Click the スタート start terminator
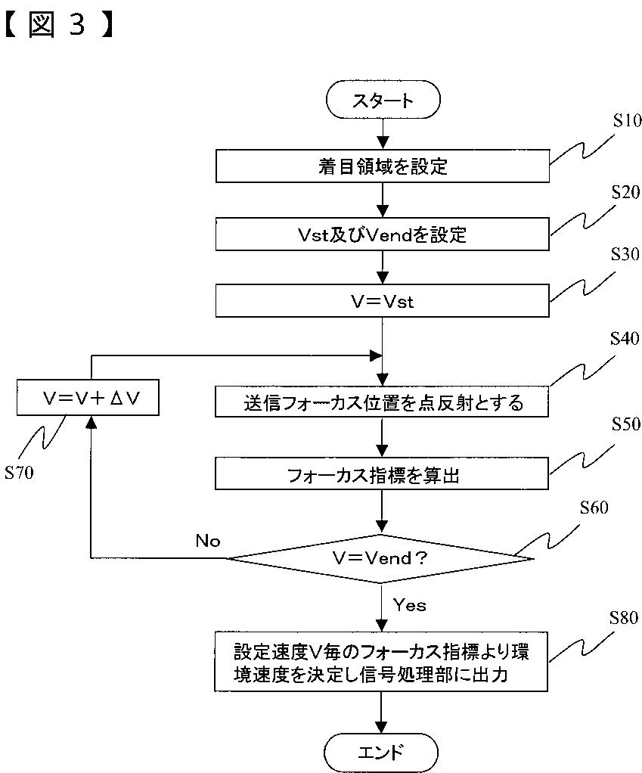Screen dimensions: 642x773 tap(383, 100)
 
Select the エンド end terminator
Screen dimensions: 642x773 tap(381, 753)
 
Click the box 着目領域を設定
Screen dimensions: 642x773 tap(383, 166)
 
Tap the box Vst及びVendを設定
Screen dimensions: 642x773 tap(383, 234)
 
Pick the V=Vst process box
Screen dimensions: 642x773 tap(383, 301)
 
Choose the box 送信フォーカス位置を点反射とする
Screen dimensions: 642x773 tap(382, 402)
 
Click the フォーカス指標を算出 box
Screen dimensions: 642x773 tap(382, 473)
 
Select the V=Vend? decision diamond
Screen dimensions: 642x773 tap(380, 558)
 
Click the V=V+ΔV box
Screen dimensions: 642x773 tap(88, 397)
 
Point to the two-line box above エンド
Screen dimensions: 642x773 tap(381, 662)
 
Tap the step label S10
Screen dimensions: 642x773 tap(627, 121)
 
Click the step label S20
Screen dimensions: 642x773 tap(625, 192)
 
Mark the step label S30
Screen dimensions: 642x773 tap(625, 254)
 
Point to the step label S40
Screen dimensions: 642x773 tap(625, 338)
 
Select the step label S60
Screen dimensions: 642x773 tap(594, 508)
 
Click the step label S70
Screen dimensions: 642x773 tap(19, 473)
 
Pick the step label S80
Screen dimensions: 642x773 tap(624, 618)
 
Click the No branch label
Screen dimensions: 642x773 tap(208, 541)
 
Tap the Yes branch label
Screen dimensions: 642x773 tap(409, 605)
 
